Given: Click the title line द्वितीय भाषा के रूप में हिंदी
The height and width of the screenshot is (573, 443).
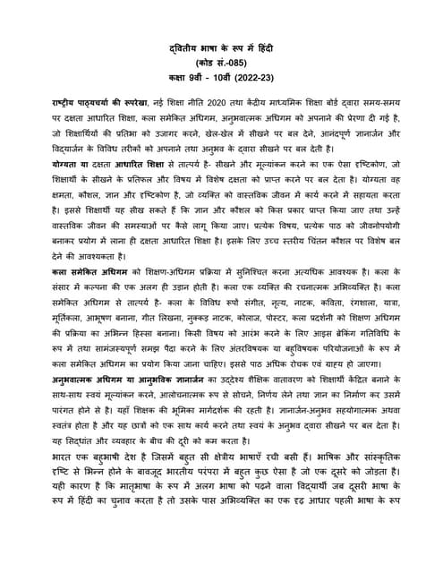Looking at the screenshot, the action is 220,48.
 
